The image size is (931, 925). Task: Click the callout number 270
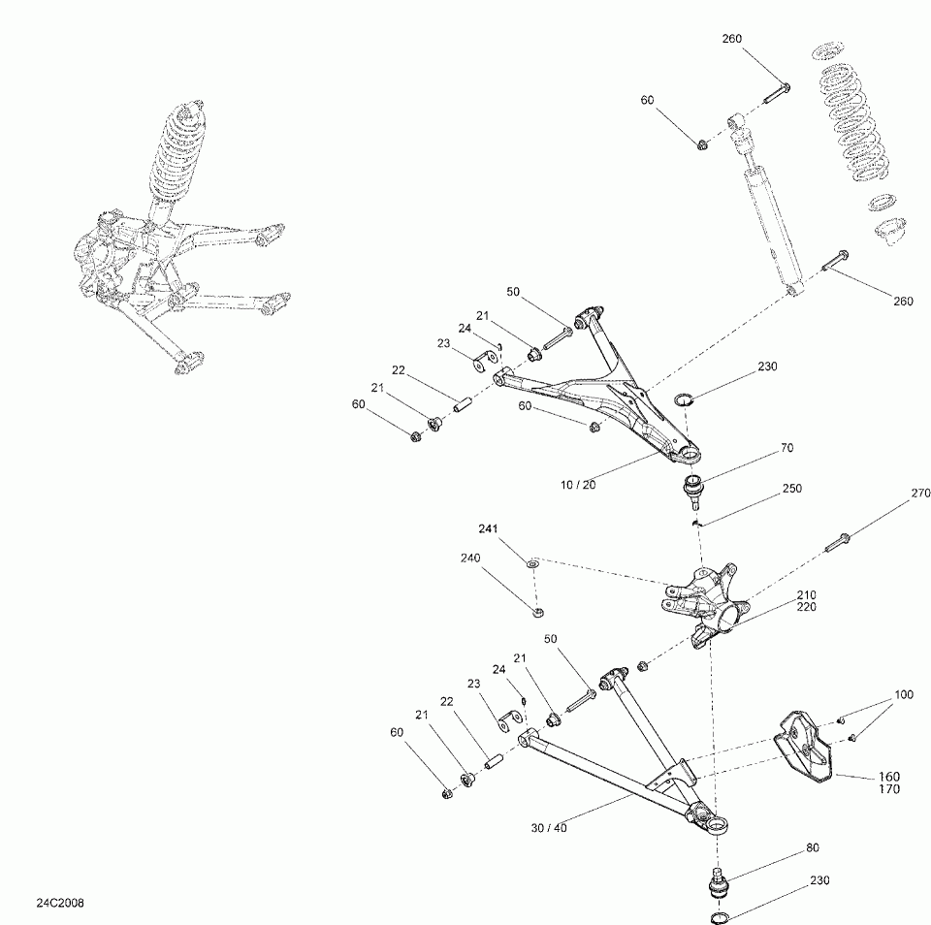[x=920, y=494]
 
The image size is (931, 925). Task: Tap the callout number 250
[x=792, y=489]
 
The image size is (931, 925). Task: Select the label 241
[x=487, y=529]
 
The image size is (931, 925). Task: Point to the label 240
[x=470, y=558]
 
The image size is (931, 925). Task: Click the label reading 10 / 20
[x=577, y=485]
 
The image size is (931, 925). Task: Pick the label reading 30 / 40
[x=549, y=828]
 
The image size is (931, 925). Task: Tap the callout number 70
[x=787, y=449]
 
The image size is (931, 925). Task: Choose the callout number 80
[x=812, y=846]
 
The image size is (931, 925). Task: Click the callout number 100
[x=903, y=695]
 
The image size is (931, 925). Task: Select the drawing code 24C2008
[x=60, y=903]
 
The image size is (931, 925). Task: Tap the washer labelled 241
[x=532, y=562]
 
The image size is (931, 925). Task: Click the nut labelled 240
[x=537, y=612]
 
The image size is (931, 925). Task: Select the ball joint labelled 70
[x=694, y=487]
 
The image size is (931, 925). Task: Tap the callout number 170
[x=889, y=789]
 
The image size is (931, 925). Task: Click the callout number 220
[x=806, y=607]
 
